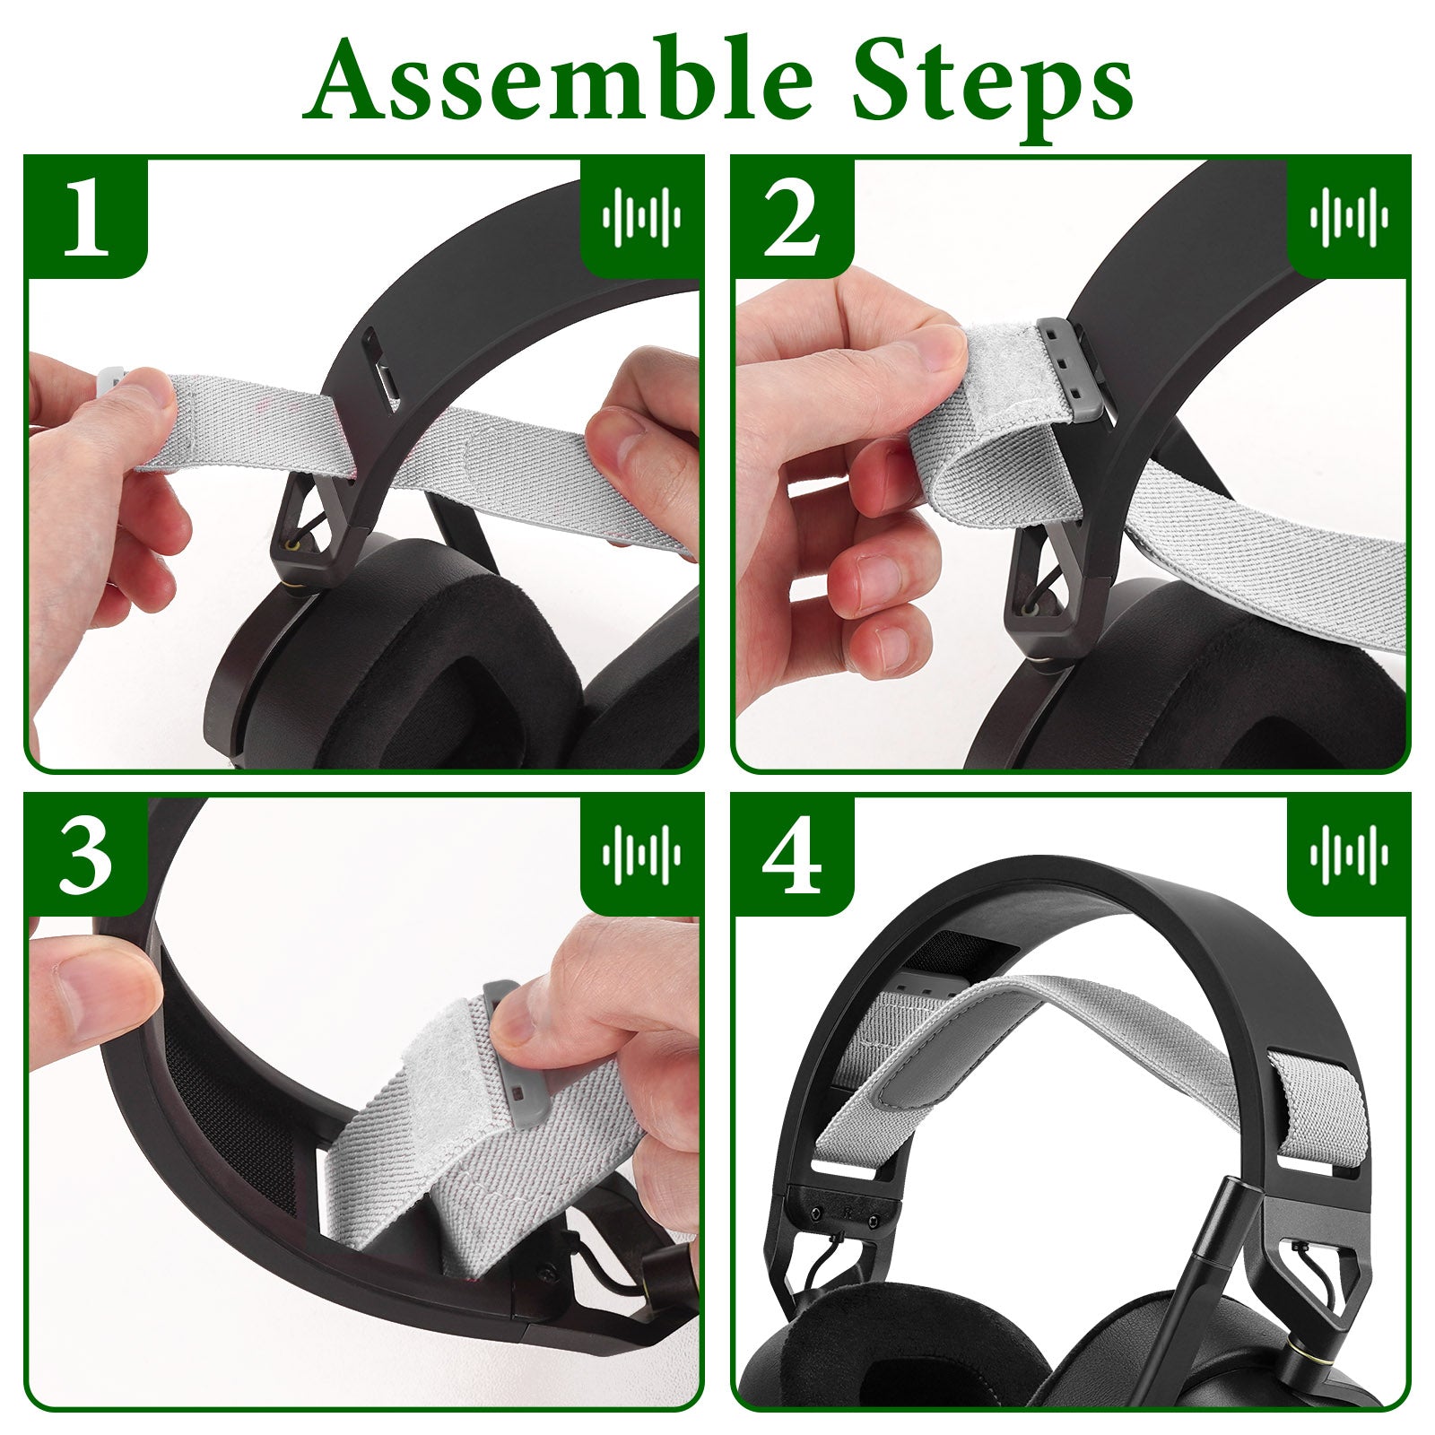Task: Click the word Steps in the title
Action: (992, 88)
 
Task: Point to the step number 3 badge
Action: (87, 855)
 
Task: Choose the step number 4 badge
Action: (791, 855)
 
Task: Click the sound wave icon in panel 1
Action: (641, 217)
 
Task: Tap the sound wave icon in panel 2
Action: (1348, 217)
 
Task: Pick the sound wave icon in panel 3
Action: (641, 854)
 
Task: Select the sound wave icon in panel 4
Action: (1348, 854)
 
